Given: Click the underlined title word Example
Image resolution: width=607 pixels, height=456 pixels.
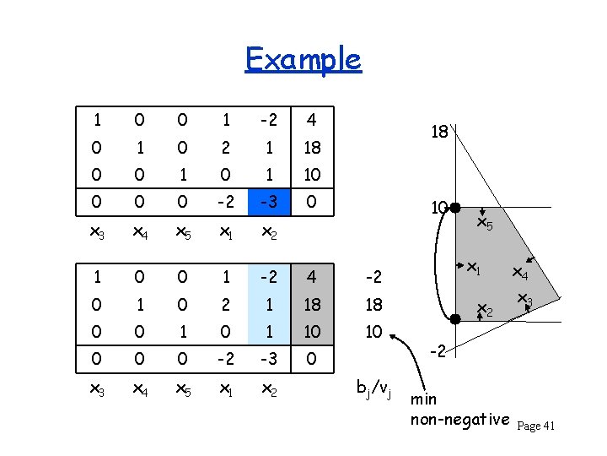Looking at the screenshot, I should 303,59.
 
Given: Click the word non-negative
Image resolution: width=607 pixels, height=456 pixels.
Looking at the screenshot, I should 459,420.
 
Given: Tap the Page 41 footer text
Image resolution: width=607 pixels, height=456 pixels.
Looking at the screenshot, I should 535,426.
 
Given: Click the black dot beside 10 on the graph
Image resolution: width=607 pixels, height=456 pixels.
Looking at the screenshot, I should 454,207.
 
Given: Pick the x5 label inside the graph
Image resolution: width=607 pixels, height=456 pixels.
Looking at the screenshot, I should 484,224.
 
